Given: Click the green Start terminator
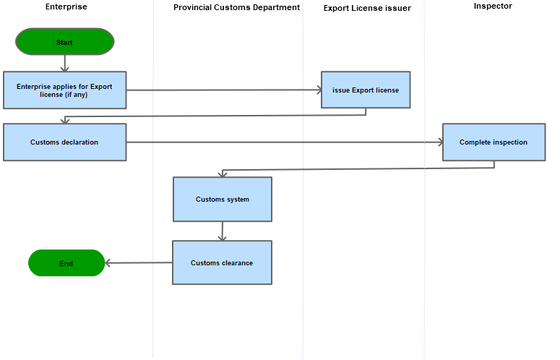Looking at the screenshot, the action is [64, 42].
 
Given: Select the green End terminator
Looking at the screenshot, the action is [66, 263].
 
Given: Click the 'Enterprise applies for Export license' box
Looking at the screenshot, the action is [64, 90].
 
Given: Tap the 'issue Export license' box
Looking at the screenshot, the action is [366, 90].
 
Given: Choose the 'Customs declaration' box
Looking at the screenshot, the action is [64, 142].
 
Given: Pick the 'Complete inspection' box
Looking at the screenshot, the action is [494, 142].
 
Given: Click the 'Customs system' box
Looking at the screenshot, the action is [223, 200].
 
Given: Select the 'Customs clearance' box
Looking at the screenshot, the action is [222, 262].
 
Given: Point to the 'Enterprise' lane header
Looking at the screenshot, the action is [66, 7].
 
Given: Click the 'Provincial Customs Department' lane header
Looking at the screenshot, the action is [237, 7].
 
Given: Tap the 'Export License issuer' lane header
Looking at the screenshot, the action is [367, 8].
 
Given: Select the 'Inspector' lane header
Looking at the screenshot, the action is [493, 6].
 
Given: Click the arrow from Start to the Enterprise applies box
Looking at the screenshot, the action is [64, 63].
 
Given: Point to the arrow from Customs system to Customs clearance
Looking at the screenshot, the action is [223, 231].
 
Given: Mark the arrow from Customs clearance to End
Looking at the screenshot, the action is [139, 263].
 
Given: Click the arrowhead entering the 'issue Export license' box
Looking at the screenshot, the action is [319, 90].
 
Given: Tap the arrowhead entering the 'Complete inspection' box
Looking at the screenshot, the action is [440, 142].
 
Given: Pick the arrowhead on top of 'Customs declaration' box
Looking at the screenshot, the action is [64, 121].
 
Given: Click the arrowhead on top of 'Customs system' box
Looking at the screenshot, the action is [223, 175].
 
